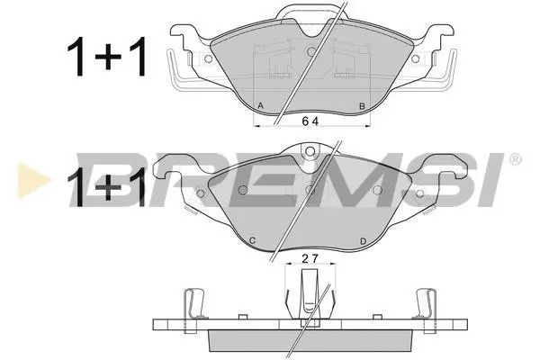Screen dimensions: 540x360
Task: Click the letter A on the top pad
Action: click(x=261, y=106)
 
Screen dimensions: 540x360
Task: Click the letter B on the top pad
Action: click(x=362, y=106)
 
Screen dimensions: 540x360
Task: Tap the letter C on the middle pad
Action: click(x=252, y=240)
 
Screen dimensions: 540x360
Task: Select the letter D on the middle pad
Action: click(x=363, y=241)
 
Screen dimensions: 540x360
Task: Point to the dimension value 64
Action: click(x=310, y=121)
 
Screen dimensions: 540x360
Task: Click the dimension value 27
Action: click(x=310, y=258)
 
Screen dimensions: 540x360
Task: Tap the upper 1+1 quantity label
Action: click(x=107, y=56)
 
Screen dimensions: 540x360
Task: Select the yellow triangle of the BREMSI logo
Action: click(x=31, y=180)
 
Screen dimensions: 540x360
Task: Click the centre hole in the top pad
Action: click(x=311, y=51)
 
